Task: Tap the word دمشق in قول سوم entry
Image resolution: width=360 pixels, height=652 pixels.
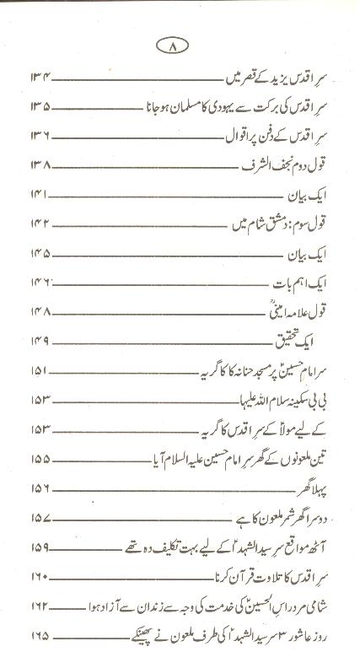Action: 274,224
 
